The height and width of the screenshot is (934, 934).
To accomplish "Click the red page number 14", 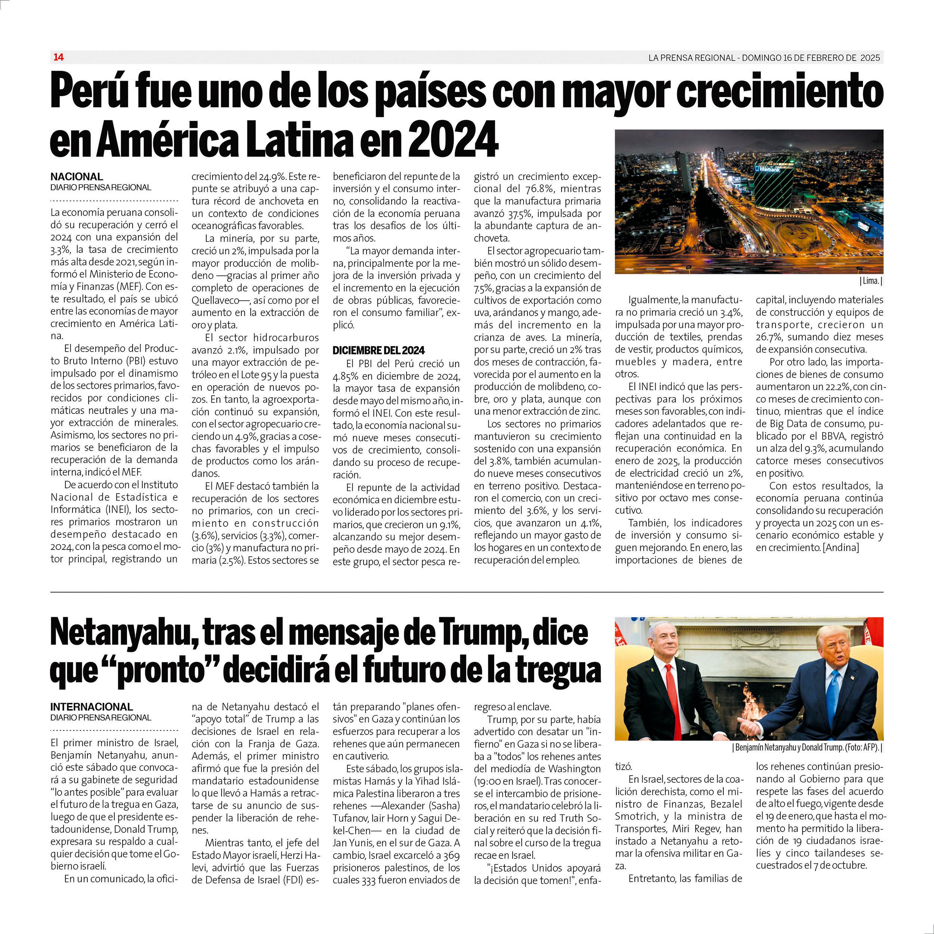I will (x=59, y=57).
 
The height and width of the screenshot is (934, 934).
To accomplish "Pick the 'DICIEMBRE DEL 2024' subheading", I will (x=378, y=350).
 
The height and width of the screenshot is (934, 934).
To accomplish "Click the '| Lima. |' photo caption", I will (x=870, y=281).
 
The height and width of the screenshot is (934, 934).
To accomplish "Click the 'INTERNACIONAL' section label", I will (x=92, y=707).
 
